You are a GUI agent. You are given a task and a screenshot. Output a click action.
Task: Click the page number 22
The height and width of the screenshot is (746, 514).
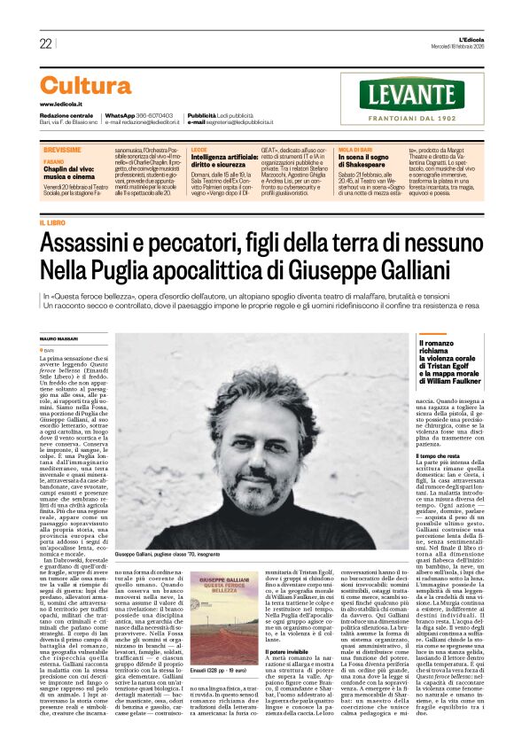(x=45, y=43)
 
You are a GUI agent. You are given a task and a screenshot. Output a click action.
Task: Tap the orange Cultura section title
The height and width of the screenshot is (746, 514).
(x=85, y=86)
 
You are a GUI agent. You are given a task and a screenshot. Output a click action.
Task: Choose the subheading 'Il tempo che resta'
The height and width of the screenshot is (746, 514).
(x=435, y=455)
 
